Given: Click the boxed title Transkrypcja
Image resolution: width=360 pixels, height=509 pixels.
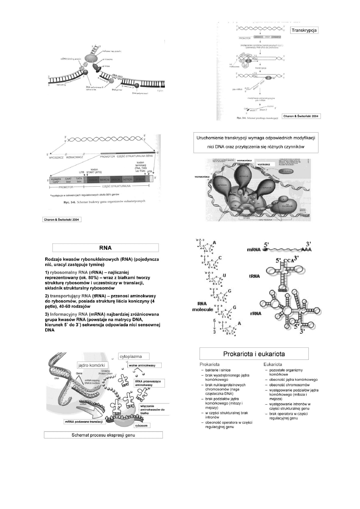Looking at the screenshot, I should pos(304,30).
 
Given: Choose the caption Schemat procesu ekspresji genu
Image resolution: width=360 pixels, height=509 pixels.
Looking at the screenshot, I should pos(103,435).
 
